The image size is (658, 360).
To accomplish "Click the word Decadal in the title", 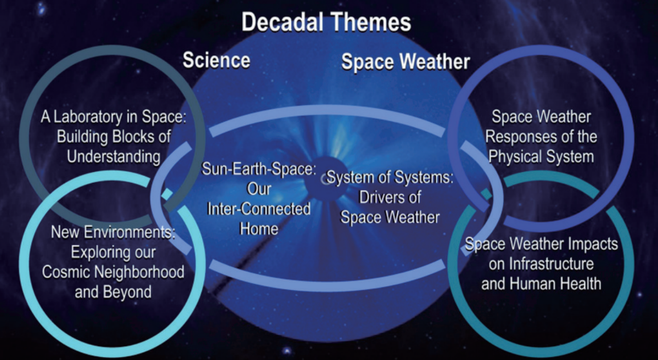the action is point(282,22).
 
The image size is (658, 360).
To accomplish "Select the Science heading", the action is point(216,60).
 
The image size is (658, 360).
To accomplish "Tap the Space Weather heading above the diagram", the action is point(406,62).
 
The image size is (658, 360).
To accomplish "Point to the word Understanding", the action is point(114,157).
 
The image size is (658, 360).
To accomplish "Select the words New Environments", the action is point(113,232).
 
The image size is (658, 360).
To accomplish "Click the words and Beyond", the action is point(113,292).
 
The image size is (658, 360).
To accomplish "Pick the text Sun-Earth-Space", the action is point(258,169).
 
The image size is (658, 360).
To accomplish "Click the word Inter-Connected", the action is point(259,209).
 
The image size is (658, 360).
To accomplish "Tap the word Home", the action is point(259,229).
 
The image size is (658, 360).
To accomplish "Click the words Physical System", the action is point(541,157).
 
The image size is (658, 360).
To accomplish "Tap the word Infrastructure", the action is point(551,264).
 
